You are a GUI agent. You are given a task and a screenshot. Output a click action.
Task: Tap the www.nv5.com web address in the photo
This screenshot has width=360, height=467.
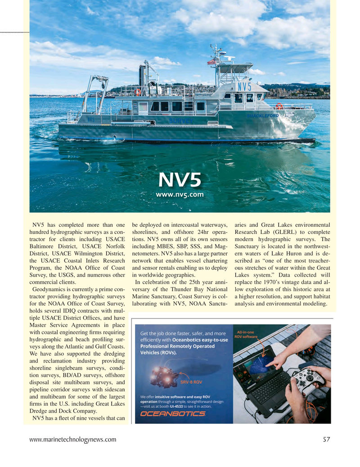point(180,195)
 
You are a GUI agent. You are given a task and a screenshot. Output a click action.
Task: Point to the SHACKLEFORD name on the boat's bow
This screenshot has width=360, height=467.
point(263,116)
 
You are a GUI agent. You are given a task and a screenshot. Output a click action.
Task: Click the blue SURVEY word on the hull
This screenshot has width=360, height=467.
point(181,121)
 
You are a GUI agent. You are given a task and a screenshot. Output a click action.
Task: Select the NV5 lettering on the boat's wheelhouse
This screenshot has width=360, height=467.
point(244,86)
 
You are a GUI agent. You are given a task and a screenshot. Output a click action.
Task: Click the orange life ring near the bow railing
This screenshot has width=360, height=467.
point(279,106)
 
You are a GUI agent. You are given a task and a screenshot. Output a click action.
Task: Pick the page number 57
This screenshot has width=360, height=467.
point(326,440)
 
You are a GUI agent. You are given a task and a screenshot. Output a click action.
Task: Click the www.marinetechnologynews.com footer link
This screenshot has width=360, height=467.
point(72,440)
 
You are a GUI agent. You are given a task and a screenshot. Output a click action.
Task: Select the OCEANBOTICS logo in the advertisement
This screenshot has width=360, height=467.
point(173,414)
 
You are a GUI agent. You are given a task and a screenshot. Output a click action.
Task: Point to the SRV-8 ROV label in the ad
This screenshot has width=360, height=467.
point(191,382)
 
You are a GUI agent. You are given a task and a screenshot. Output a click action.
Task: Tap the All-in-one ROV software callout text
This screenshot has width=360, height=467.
point(247,334)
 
